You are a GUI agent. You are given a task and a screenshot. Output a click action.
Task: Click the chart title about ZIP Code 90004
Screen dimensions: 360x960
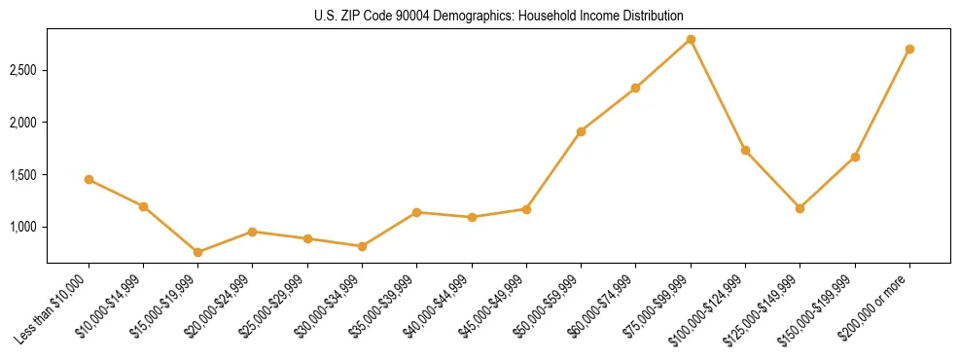tap(480, 17)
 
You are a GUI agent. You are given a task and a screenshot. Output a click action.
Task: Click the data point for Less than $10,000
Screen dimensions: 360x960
tap(89, 179)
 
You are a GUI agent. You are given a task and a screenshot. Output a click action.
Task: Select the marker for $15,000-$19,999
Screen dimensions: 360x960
tap(197, 252)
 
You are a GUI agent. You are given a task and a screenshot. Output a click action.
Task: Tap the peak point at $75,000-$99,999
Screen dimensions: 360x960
tap(691, 39)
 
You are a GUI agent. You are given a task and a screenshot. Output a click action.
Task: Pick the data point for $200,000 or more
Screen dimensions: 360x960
tap(909, 49)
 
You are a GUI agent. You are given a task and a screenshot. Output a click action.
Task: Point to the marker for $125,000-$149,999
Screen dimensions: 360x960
tap(800, 208)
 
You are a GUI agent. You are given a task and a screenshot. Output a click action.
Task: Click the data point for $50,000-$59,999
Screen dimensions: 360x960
tap(581, 131)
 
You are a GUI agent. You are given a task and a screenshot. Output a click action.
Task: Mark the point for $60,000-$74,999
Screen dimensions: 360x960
tap(635, 88)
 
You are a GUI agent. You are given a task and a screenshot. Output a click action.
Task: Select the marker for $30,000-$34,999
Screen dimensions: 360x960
tap(362, 246)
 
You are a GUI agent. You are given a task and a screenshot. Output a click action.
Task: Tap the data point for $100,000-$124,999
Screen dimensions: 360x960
tap(745, 150)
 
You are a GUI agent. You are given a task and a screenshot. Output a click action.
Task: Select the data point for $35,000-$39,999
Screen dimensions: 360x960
tap(416, 212)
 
